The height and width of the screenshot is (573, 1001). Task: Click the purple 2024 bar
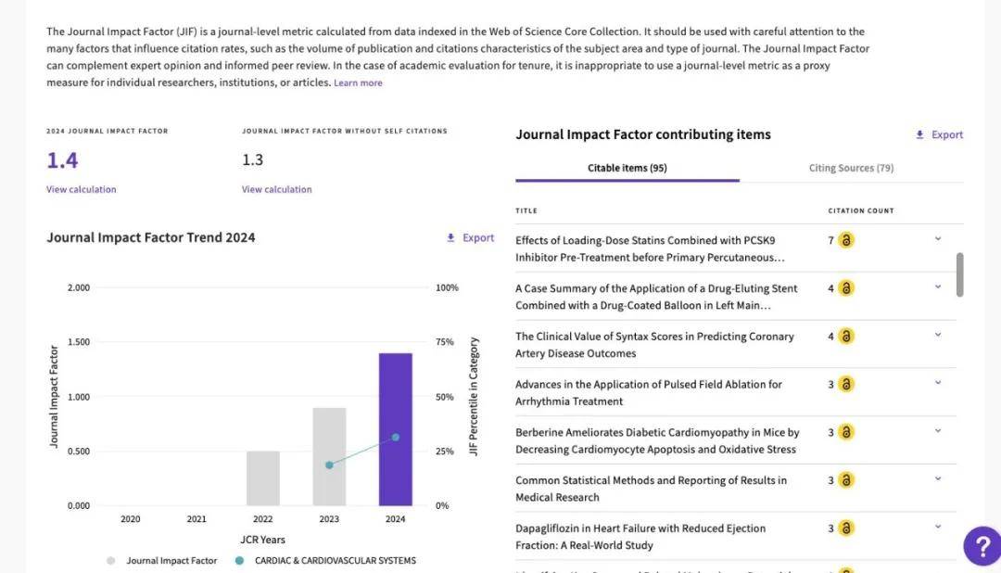pyautogui.click(x=395, y=429)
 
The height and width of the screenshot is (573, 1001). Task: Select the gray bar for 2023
pyautogui.click(x=329, y=457)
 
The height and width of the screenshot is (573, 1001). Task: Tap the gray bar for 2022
pyautogui.click(x=263, y=478)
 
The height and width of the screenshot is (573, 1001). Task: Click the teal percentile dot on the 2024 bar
pyautogui.click(x=396, y=438)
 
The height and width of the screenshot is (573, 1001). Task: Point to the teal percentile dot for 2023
pyautogui.click(x=329, y=465)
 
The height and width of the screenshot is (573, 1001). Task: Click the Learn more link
pyautogui.click(x=358, y=83)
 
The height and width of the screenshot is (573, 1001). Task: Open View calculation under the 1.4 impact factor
pyautogui.click(x=81, y=190)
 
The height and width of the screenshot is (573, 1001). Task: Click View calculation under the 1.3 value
pyautogui.click(x=277, y=190)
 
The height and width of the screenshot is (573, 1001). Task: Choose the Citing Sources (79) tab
pyautogui.click(x=851, y=168)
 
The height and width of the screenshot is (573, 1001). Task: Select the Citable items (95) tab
pyautogui.click(x=627, y=168)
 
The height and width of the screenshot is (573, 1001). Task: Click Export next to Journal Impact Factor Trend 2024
pyautogui.click(x=471, y=237)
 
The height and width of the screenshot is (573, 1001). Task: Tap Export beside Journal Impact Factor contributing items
pyautogui.click(x=939, y=134)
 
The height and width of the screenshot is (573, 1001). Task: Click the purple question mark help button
pyautogui.click(x=982, y=546)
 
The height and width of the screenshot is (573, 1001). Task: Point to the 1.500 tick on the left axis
pyautogui.click(x=79, y=342)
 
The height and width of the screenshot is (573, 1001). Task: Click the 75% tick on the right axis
pyautogui.click(x=445, y=342)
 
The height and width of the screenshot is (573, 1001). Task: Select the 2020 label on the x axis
pyautogui.click(x=131, y=519)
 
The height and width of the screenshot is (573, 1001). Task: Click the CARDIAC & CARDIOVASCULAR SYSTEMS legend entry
pyautogui.click(x=325, y=561)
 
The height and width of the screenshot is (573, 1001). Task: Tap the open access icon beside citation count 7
pyautogui.click(x=846, y=240)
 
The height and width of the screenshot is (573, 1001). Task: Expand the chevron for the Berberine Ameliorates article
pyautogui.click(x=938, y=430)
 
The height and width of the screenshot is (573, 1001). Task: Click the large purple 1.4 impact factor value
pyautogui.click(x=63, y=160)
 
